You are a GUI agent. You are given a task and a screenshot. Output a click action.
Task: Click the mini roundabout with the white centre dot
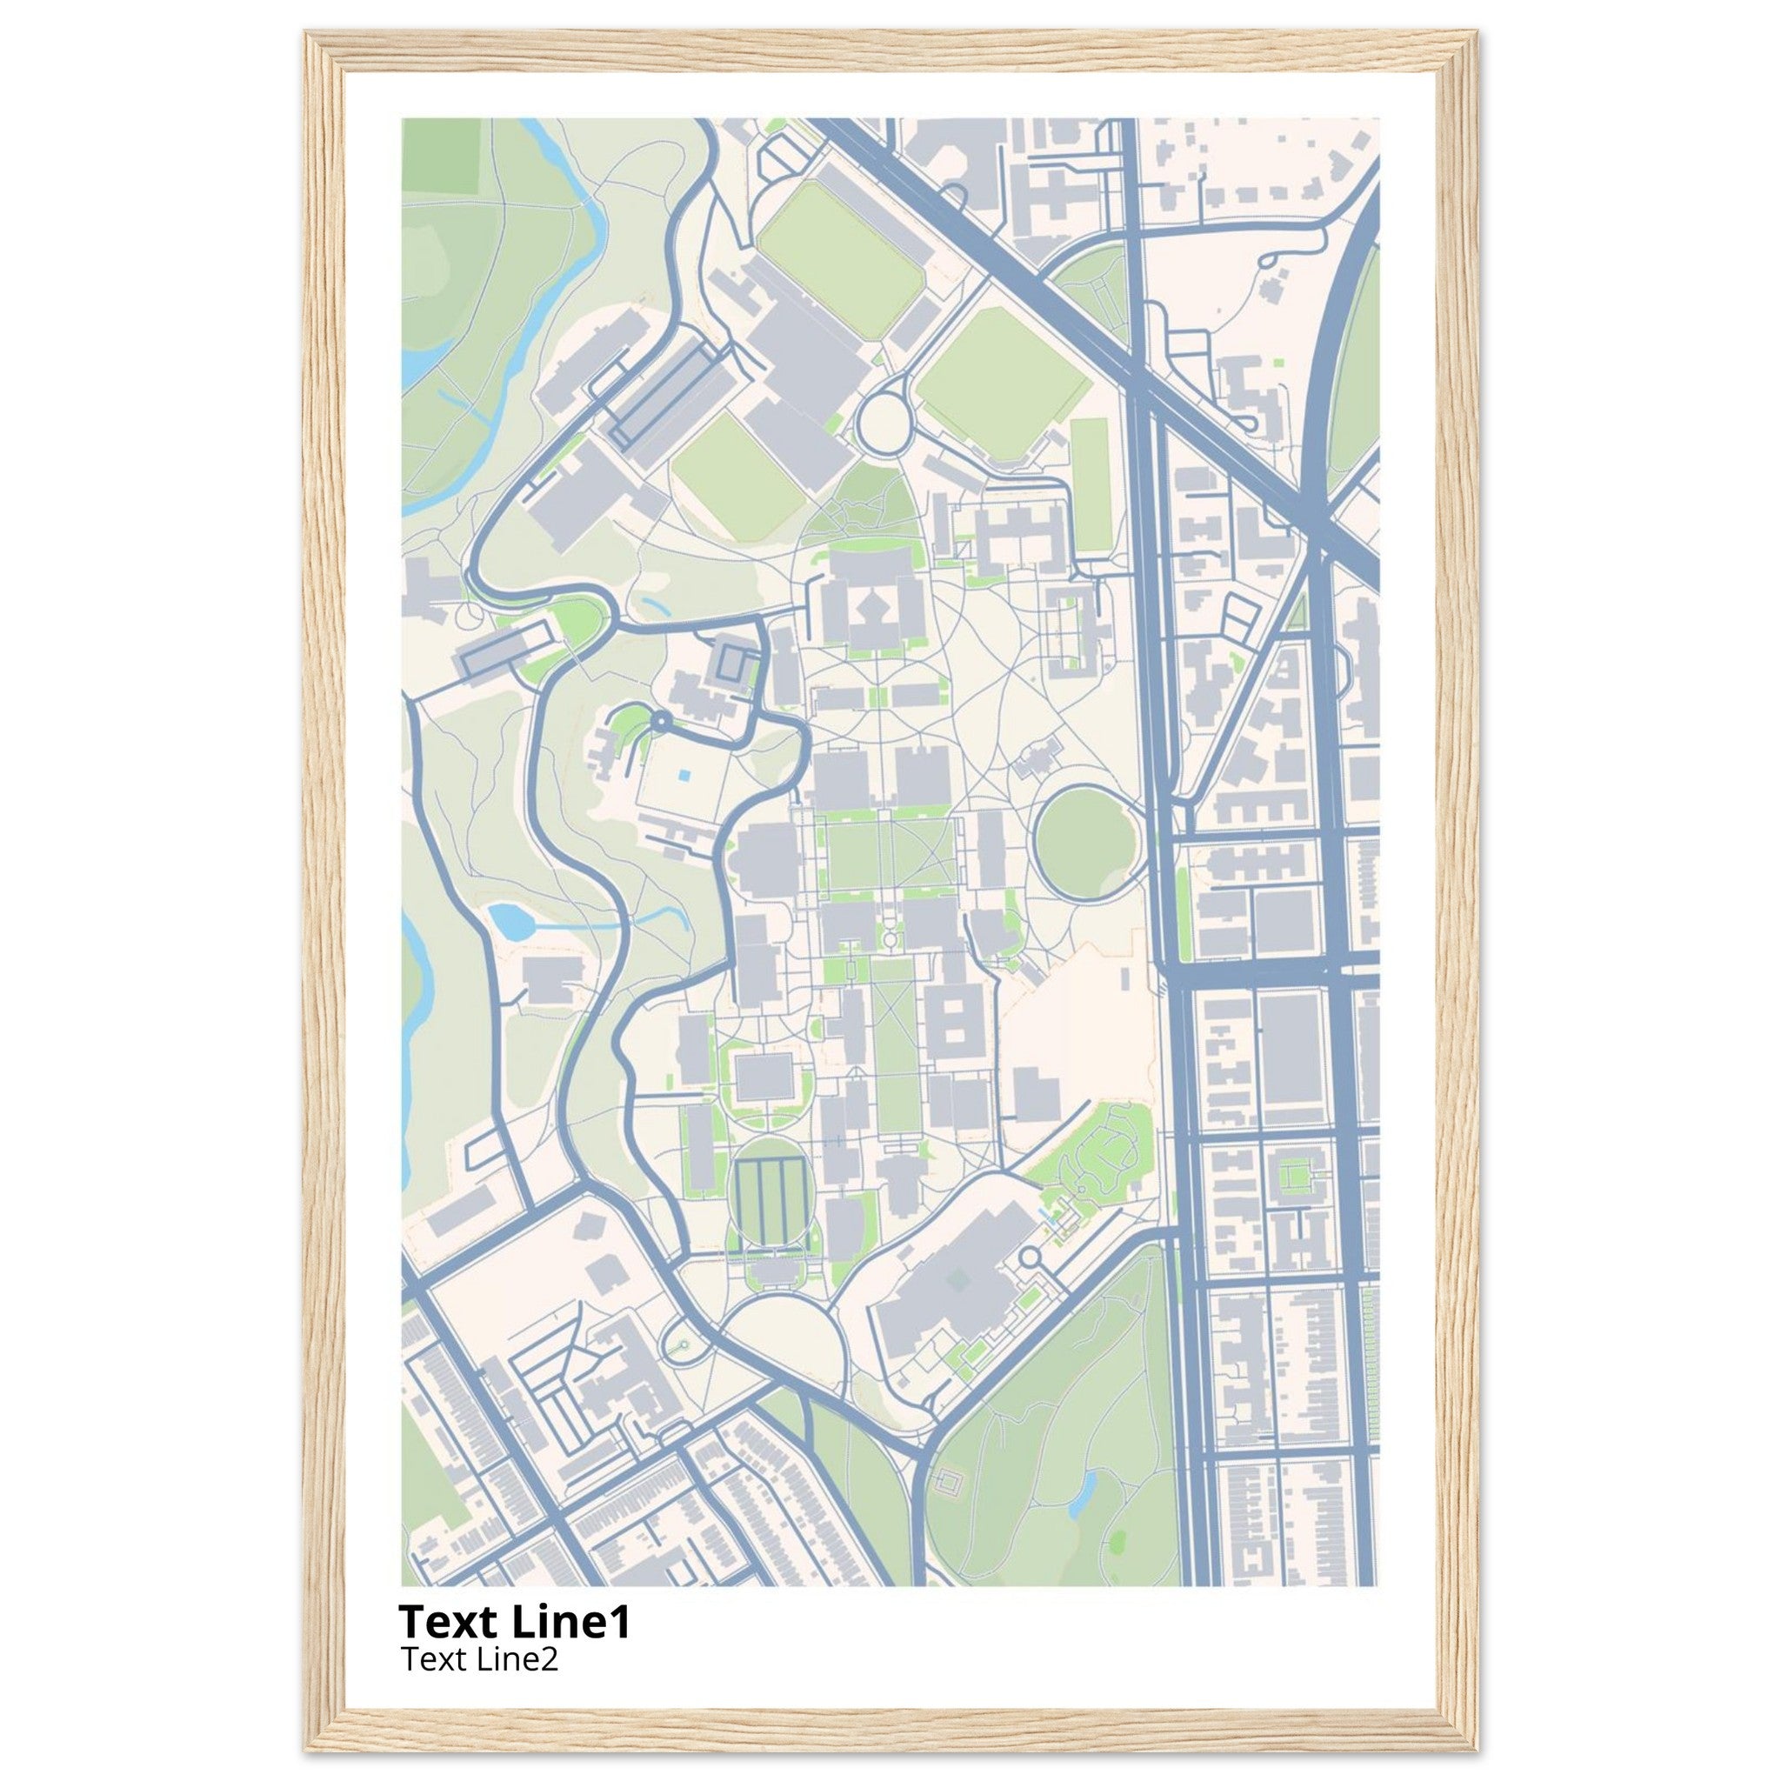pyautogui.click(x=660, y=721)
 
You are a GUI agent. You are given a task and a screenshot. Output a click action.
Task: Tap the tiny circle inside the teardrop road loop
pyautogui.click(x=683, y=1345)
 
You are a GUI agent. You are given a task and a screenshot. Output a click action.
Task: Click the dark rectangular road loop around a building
pyautogui.click(x=738, y=663)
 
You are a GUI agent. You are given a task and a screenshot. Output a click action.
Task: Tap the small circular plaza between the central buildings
pyautogui.click(x=890, y=938)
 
